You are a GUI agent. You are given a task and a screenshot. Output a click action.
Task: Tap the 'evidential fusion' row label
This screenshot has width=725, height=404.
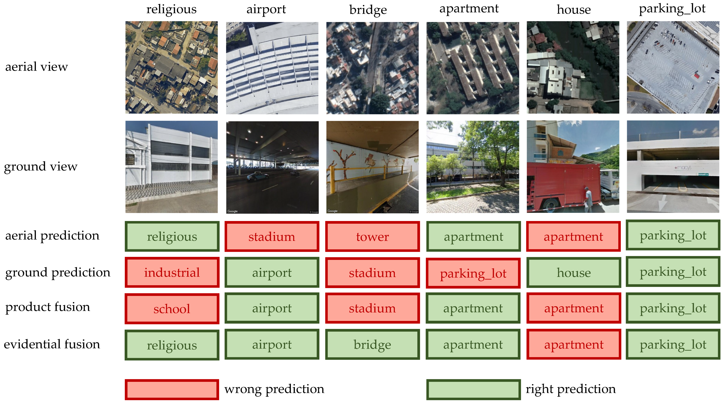click(x=52, y=344)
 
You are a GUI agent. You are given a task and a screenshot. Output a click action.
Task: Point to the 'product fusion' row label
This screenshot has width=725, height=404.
click(x=48, y=307)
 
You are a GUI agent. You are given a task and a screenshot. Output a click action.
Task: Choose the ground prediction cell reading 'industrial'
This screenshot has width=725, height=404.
click(x=172, y=272)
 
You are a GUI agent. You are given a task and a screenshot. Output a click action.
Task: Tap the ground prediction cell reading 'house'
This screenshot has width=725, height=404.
click(x=574, y=272)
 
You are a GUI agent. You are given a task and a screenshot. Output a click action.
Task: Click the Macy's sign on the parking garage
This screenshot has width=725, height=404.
click(x=682, y=168)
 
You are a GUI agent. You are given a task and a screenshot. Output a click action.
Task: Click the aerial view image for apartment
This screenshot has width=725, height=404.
click(x=473, y=68)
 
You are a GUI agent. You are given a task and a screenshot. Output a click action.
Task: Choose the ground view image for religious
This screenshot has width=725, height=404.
click(x=171, y=167)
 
